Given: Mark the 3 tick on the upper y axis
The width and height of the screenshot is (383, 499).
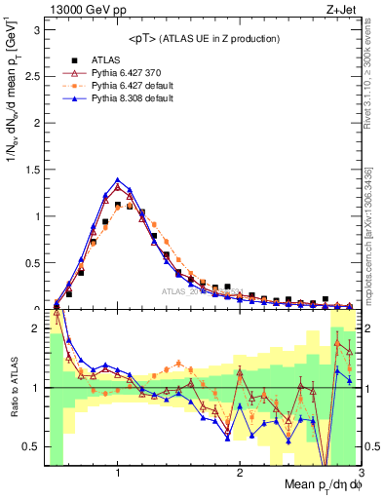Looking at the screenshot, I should tap(37, 28).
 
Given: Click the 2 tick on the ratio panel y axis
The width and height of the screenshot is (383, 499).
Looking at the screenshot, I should tap(37, 329).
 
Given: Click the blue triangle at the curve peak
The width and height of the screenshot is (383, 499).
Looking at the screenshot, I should tap(118, 179).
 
